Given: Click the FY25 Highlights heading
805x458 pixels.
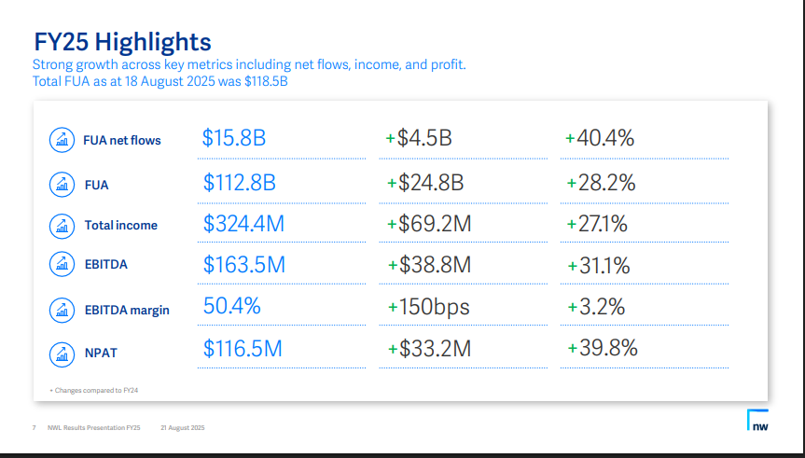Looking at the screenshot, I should pyautogui.click(x=122, y=42).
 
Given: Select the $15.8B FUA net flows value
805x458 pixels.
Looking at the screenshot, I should pyautogui.click(x=234, y=139).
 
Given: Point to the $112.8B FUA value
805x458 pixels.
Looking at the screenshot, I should pyautogui.click(x=239, y=183).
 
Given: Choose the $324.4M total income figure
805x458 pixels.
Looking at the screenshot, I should pyautogui.click(x=243, y=224).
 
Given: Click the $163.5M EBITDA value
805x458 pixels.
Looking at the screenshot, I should pyautogui.click(x=243, y=265).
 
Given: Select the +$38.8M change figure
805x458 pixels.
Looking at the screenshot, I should pyautogui.click(x=428, y=265).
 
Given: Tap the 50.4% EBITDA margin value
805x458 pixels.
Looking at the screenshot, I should pyautogui.click(x=231, y=306).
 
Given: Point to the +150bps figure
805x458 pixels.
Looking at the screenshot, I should pyautogui.click(x=428, y=307).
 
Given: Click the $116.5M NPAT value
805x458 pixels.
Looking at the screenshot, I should pyautogui.click(x=243, y=349).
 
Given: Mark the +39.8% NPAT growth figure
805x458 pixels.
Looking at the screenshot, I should pyautogui.click(x=602, y=349).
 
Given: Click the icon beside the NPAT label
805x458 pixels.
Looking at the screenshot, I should pyautogui.click(x=62, y=354).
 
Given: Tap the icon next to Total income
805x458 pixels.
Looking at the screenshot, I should pyautogui.click(x=62, y=225).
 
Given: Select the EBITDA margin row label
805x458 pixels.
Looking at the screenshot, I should pyautogui.click(x=127, y=310).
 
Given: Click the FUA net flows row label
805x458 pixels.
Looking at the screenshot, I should pyautogui.click(x=122, y=140).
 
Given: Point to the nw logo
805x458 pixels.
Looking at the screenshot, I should pyautogui.click(x=757, y=421).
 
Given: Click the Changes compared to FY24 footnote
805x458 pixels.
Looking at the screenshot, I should pyautogui.click(x=100, y=390).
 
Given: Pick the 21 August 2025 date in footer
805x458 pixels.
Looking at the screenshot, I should pyautogui.click(x=182, y=428).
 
